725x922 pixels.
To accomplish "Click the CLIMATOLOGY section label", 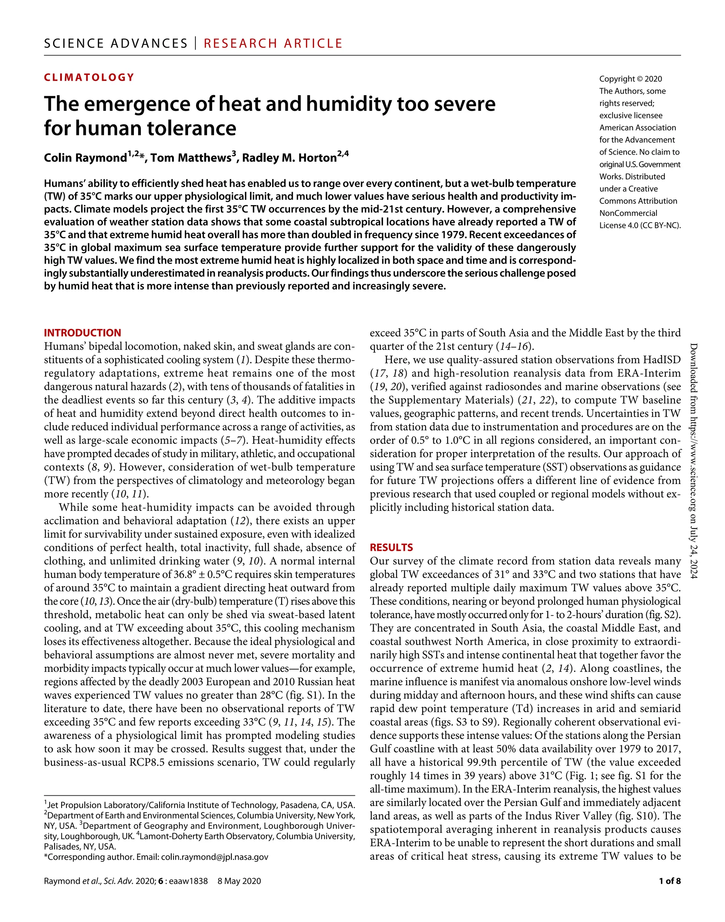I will click(x=89, y=77).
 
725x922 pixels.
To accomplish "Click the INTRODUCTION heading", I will click(x=82, y=333).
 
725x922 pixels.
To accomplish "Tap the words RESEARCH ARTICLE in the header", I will click(x=273, y=43).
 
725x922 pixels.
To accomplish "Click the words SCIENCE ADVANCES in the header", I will click(x=115, y=43).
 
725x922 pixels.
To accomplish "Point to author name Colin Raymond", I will click(x=85, y=158).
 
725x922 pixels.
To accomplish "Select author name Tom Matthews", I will click(x=190, y=158).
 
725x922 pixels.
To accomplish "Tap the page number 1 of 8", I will click(x=669, y=881).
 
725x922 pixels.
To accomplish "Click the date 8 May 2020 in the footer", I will click(x=239, y=881).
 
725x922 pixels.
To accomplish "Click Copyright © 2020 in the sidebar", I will click(x=630, y=79).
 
